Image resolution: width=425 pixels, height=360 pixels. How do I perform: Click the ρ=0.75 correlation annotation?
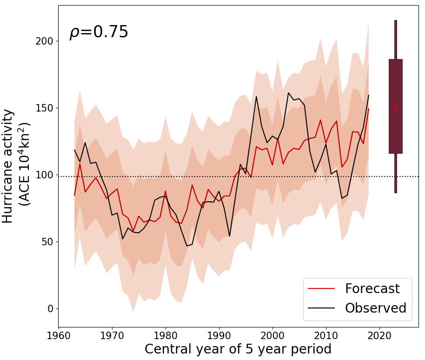click(99, 33)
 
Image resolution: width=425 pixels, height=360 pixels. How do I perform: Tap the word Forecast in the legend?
click(372, 288)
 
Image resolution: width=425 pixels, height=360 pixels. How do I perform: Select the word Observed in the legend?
click(375, 308)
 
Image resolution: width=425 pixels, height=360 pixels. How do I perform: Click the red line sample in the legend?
click(321, 289)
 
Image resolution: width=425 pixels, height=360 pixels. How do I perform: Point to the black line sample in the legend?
click(321, 308)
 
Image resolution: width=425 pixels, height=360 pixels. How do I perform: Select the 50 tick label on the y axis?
click(47, 242)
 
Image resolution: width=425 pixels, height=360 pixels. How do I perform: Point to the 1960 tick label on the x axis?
click(58, 335)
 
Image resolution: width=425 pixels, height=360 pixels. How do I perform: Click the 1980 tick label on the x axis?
click(165, 335)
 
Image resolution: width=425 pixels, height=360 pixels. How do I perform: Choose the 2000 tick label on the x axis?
click(272, 335)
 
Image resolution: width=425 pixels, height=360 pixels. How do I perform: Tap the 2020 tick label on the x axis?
click(379, 335)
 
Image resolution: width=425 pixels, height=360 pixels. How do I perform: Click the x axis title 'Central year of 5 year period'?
click(238, 349)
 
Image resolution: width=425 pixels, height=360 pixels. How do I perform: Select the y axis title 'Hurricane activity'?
click(8, 166)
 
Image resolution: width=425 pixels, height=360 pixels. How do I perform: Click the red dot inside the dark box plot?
click(395, 106)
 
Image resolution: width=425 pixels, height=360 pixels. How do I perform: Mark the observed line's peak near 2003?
click(288, 93)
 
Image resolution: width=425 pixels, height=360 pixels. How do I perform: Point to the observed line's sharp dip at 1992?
click(229, 236)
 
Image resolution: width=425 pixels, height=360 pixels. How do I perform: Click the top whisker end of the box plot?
click(395, 20)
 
